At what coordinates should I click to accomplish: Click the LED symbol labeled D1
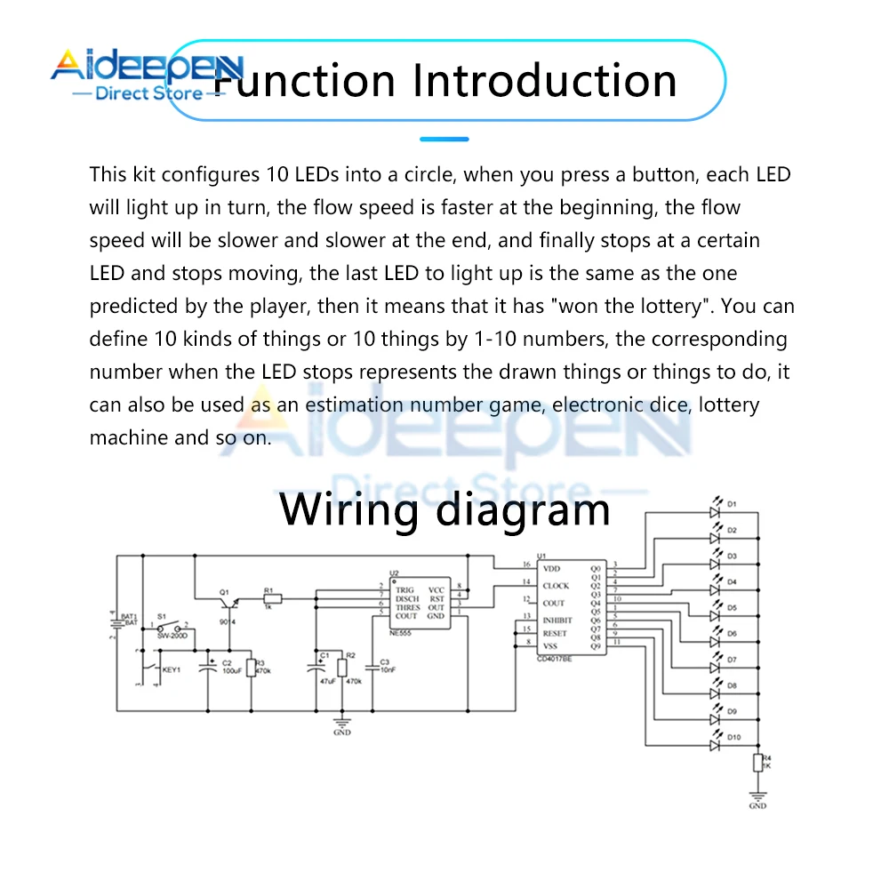pyautogui.click(x=713, y=512)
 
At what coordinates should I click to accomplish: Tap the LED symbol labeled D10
pyautogui.click(x=713, y=744)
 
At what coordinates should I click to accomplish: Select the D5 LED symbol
pyautogui.click(x=713, y=615)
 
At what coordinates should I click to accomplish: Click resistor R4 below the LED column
pyautogui.click(x=757, y=763)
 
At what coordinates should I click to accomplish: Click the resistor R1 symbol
pyautogui.click(x=271, y=599)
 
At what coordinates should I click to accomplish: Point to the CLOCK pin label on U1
pyautogui.click(x=556, y=586)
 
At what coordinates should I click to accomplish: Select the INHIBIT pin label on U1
pyautogui.click(x=557, y=620)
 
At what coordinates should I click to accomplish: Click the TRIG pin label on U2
pyautogui.click(x=405, y=590)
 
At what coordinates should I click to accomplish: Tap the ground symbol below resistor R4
pyautogui.click(x=757, y=797)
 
